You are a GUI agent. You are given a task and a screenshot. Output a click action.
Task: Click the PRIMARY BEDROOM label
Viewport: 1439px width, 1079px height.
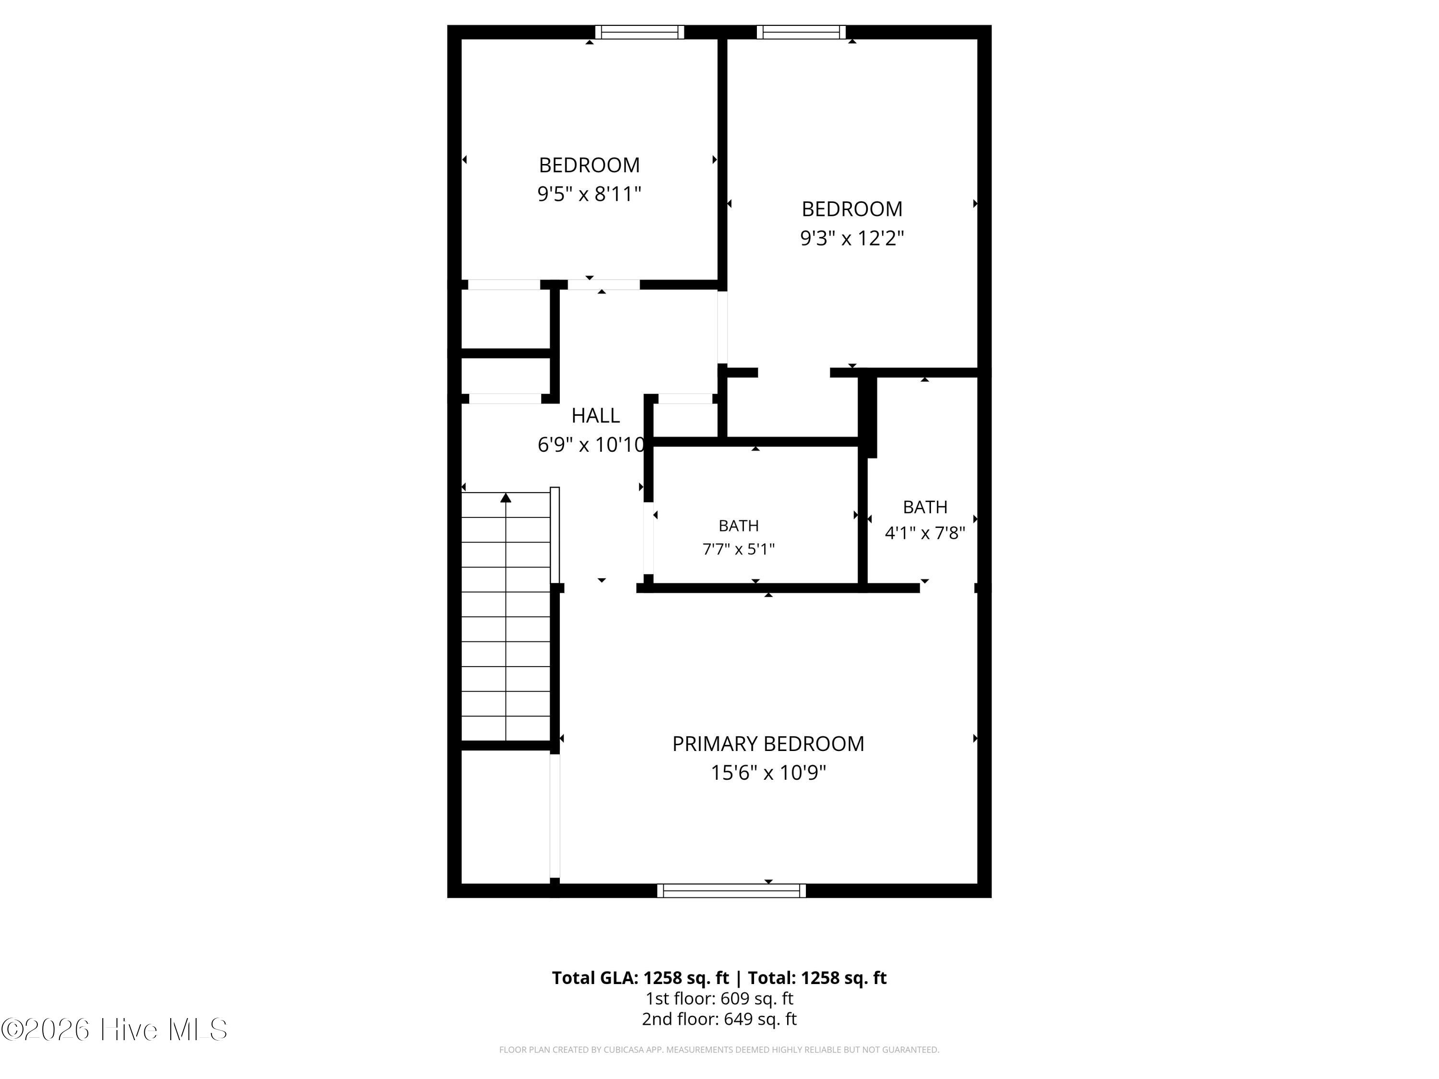point(768,743)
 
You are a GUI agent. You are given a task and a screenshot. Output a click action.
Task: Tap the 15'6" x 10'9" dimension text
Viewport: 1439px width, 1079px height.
point(768,773)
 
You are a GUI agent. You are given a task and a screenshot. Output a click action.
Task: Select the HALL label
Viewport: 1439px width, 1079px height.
point(595,415)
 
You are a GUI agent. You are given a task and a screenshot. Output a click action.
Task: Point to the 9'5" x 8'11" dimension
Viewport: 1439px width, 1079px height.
point(590,194)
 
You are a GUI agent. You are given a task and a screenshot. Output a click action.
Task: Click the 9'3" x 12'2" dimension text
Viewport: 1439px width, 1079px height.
point(852,238)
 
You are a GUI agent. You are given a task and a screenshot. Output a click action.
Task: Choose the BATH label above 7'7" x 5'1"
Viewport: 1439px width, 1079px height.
point(738,526)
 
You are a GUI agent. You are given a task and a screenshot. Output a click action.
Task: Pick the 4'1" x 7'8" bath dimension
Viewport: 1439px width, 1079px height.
point(925,533)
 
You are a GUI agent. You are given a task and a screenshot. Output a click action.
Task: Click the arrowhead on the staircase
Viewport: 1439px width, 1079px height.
point(506,498)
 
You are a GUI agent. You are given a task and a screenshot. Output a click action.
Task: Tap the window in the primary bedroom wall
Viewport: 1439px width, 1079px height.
point(731,891)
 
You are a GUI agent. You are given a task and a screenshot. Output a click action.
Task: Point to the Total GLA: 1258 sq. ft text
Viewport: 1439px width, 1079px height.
point(641,977)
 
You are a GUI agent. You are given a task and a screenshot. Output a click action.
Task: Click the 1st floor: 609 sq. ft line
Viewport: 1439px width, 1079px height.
point(719,998)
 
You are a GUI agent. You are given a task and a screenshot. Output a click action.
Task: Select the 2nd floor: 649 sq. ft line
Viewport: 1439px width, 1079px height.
point(719,1019)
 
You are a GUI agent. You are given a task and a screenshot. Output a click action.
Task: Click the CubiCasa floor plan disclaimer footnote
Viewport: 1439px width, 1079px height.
point(719,1050)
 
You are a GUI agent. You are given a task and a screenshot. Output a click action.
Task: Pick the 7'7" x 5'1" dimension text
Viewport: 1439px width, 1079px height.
point(738,550)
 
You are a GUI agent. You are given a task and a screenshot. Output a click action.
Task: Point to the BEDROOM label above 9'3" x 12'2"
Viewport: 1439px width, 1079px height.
point(852,209)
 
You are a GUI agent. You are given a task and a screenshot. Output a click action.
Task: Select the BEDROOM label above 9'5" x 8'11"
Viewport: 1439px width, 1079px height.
point(590,165)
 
